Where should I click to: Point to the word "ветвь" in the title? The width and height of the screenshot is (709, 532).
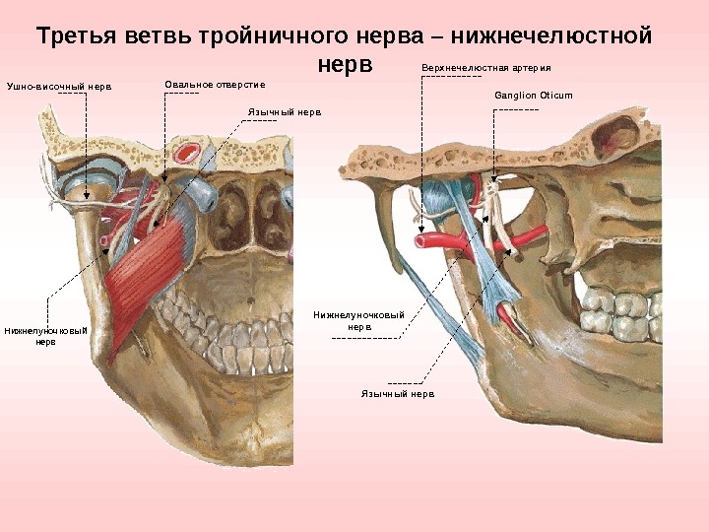tap(156, 37)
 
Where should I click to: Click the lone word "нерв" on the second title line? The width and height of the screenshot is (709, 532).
tap(347, 65)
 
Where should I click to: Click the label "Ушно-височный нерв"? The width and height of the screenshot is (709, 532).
tap(60, 87)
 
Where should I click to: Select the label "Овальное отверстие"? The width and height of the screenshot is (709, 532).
tap(215, 84)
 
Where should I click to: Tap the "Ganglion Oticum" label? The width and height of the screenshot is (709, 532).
tap(533, 96)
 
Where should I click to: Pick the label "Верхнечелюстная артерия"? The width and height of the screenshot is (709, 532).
tap(486, 69)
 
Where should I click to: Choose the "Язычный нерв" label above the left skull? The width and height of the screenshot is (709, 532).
tap(285, 113)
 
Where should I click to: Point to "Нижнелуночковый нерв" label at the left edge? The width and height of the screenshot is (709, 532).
tap(45, 336)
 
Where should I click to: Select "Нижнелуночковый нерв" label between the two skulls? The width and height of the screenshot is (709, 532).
tap(359, 320)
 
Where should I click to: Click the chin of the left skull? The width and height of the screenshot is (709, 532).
tap(246, 433)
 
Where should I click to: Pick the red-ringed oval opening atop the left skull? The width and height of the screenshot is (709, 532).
tap(187, 153)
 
